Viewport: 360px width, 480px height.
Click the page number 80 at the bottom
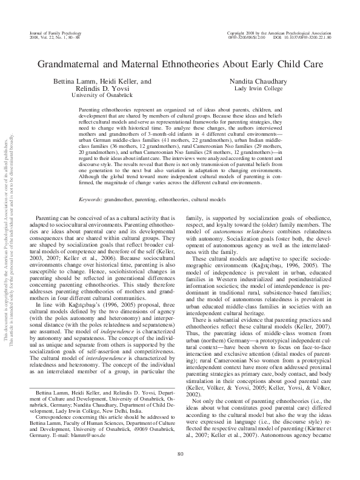click(x=179, y=454)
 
